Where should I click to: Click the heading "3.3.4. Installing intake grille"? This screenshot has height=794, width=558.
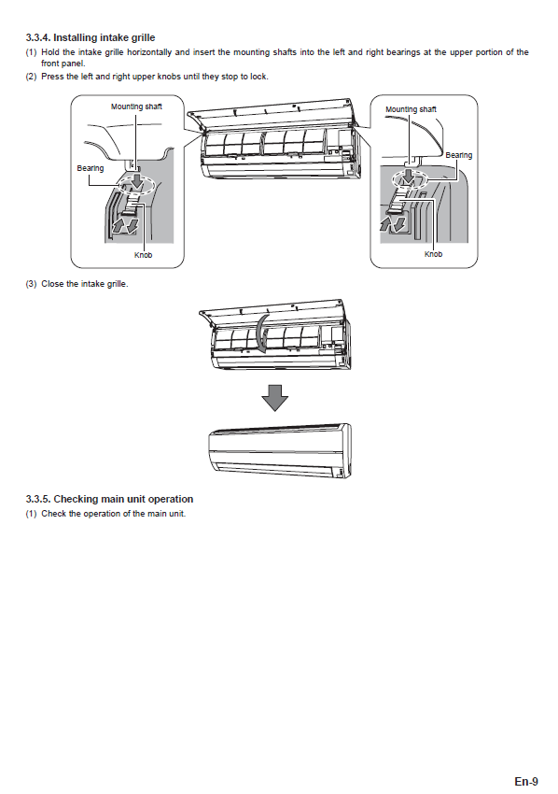[91, 37]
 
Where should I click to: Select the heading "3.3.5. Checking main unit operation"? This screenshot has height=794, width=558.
[109, 499]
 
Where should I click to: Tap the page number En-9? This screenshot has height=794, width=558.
[526, 781]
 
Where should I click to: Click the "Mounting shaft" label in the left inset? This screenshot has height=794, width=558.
[136, 106]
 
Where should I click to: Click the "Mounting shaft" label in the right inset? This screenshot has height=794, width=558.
[411, 109]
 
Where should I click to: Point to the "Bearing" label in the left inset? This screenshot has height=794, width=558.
[91, 168]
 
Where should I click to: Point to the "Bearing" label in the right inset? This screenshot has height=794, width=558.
[459, 155]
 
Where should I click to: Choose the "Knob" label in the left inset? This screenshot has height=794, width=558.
[143, 255]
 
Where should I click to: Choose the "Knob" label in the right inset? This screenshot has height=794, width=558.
[433, 254]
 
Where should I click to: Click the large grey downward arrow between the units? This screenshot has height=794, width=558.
[274, 398]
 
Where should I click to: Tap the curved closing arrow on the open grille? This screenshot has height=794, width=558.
[261, 334]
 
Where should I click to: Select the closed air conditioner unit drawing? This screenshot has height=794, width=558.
[280, 450]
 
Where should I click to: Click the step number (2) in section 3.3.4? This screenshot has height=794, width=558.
[32, 77]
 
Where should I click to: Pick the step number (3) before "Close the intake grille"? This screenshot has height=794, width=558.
[32, 284]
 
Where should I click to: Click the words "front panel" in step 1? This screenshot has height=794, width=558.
[63, 64]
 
